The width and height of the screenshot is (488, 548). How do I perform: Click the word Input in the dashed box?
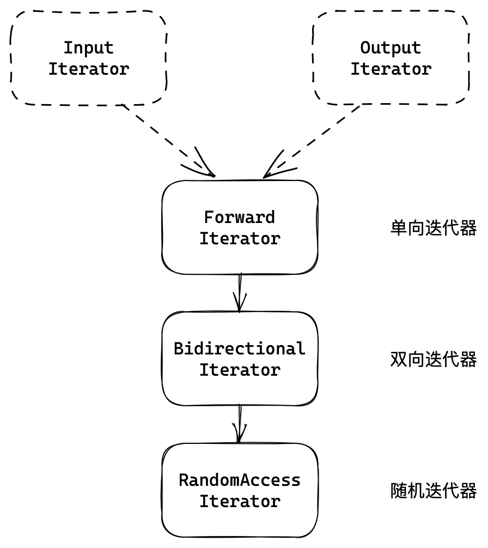point(89,48)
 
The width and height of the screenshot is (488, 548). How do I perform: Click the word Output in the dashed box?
point(391,48)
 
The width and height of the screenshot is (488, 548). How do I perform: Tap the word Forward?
point(240,218)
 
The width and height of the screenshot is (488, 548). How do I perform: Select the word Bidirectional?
point(240,349)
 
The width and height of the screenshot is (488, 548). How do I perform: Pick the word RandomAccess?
point(240,480)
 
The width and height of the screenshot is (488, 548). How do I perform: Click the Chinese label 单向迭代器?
point(434,228)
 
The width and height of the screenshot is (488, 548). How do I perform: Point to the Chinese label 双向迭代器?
point(434,359)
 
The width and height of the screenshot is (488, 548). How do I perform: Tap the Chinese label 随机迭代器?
point(434,491)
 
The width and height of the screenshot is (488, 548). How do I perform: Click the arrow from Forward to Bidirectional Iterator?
point(240,292)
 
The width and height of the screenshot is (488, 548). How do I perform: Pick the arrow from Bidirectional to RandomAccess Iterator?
point(240,423)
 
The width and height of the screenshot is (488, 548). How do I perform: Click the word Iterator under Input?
point(89,69)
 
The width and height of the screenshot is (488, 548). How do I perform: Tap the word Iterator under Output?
point(391,69)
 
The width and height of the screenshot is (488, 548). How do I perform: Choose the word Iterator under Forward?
point(240,239)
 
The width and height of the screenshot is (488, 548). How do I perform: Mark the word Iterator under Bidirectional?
point(240,370)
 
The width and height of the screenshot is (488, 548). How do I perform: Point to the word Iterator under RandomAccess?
point(240,502)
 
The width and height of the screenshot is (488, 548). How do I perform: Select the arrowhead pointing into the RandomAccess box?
point(239,437)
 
